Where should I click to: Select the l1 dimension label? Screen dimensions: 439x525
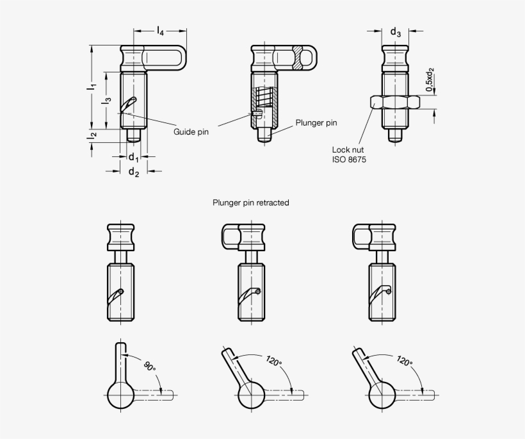[x=92, y=85]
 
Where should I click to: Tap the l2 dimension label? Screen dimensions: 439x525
[x=92, y=135]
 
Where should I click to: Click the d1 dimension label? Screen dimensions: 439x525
[x=133, y=157]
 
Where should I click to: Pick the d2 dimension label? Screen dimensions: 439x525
[x=134, y=171]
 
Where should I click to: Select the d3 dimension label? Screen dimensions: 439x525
[x=396, y=31]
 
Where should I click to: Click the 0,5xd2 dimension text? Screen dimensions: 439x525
[x=430, y=79]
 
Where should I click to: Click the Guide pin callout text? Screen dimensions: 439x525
[x=191, y=131]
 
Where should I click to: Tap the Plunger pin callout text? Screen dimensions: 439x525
[x=316, y=123]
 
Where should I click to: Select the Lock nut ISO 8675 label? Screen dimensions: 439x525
[x=348, y=154]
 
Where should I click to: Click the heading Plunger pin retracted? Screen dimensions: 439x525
[x=250, y=203]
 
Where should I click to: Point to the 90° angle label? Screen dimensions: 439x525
[x=149, y=367]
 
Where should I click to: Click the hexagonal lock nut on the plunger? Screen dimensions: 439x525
[x=396, y=101]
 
